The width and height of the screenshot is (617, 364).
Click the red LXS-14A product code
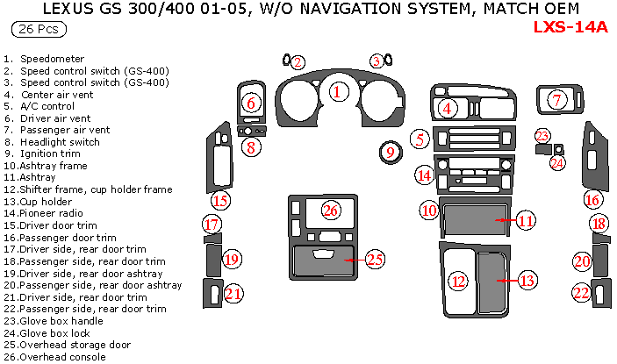(x=570, y=26)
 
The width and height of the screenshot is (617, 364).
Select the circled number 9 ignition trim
(x=390, y=153)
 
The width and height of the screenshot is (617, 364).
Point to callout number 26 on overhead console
(x=330, y=210)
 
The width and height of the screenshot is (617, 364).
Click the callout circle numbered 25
(x=375, y=259)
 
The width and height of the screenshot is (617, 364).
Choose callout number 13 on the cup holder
(x=526, y=281)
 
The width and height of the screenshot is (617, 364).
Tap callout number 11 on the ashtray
(x=524, y=221)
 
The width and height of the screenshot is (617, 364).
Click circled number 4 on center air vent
(x=448, y=108)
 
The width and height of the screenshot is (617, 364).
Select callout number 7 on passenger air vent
(x=556, y=100)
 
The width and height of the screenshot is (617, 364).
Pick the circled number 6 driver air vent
(x=251, y=103)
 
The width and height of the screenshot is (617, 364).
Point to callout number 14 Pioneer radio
(x=425, y=175)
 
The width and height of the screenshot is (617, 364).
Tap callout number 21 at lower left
(x=233, y=294)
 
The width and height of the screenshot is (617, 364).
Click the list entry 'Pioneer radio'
(x=53, y=212)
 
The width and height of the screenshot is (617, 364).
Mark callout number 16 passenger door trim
(x=592, y=200)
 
